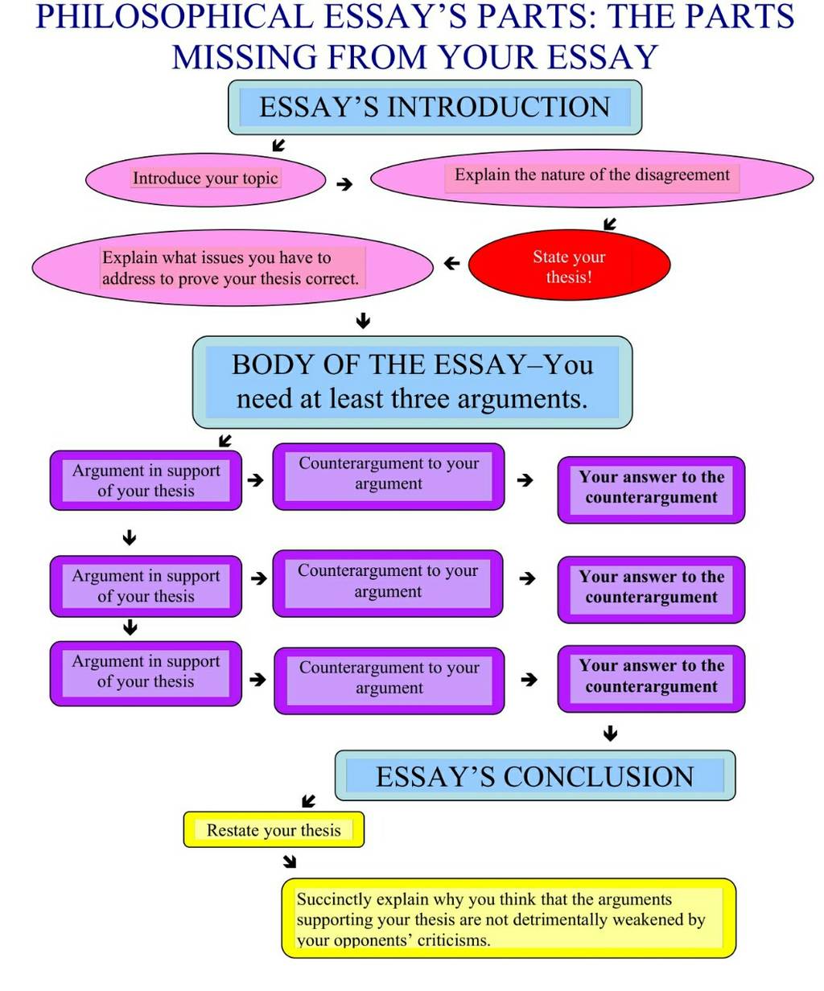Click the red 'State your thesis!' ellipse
569,265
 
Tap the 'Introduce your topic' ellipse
206,180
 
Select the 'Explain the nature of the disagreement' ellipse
591,179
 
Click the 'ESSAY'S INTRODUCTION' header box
435,107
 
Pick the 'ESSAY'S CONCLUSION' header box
535,776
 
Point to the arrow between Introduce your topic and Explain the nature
344,184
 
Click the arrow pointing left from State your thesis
452,263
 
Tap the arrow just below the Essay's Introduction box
278,145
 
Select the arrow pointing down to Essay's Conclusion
610,734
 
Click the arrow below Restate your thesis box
290,861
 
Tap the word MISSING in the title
245,57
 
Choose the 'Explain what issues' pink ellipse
233,268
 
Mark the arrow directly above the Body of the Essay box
364,320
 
